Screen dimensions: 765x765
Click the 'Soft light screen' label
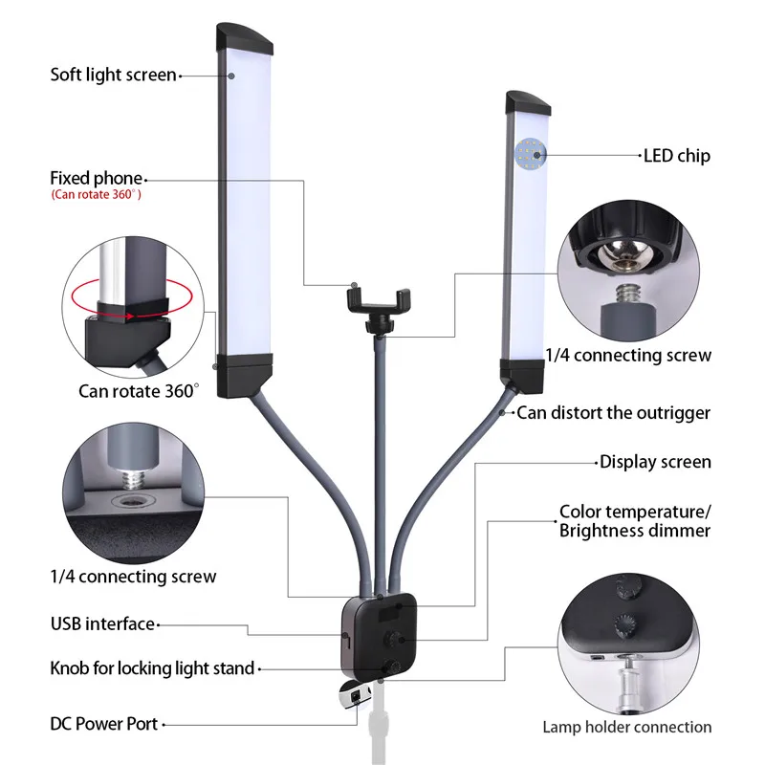(x=113, y=75)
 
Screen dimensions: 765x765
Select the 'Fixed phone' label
(x=96, y=178)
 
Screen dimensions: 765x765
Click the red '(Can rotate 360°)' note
(x=96, y=195)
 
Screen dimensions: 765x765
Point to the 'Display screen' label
(x=655, y=462)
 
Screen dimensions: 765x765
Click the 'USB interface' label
(x=102, y=623)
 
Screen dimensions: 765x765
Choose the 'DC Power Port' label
(x=103, y=724)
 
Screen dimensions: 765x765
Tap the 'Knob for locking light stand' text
(x=152, y=667)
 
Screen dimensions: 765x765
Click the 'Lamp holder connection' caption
(x=626, y=727)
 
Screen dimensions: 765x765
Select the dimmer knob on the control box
(x=392, y=638)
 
